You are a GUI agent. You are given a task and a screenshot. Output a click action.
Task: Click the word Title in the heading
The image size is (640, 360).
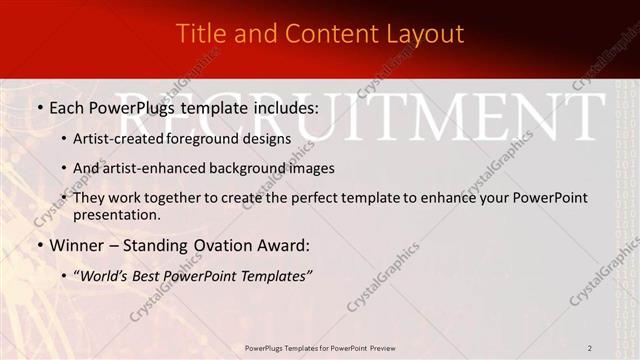click(199, 33)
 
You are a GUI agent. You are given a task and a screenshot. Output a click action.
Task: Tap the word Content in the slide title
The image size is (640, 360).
click(326, 33)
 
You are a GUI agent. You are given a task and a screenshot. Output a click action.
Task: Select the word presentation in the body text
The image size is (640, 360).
click(115, 214)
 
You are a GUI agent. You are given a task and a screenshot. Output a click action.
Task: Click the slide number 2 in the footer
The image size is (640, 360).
click(590, 347)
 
